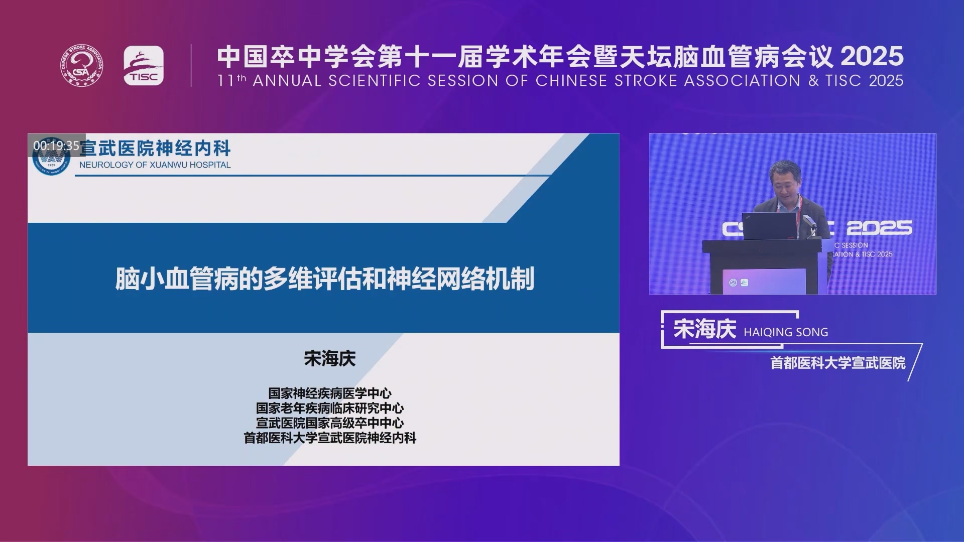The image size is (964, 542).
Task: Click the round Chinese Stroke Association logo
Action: click(82, 65)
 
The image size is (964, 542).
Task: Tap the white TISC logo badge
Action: click(144, 66)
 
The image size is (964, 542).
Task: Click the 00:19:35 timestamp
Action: click(56, 146)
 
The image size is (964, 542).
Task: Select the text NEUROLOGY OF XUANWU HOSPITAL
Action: click(155, 165)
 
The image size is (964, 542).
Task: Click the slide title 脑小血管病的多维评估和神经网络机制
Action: click(325, 279)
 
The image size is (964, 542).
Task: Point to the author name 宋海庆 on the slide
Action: click(330, 358)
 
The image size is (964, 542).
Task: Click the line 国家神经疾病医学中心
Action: click(330, 393)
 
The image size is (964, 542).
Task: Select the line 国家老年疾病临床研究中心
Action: click(330, 408)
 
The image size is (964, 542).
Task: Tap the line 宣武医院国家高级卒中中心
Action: click(330, 423)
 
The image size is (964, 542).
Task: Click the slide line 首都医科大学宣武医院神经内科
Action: click(330, 438)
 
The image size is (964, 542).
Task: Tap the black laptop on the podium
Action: click(769, 226)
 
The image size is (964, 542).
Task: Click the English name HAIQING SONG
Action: click(786, 332)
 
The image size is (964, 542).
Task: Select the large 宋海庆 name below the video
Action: click(705, 329)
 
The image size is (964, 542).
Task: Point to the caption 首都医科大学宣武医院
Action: click(838, 363)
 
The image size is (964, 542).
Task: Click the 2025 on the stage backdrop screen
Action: click(879, 228)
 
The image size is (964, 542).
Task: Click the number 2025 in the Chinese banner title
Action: click(872, 56)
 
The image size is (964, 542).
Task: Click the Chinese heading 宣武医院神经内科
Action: click(155, 148)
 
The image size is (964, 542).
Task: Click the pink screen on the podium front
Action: click(764, 281)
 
